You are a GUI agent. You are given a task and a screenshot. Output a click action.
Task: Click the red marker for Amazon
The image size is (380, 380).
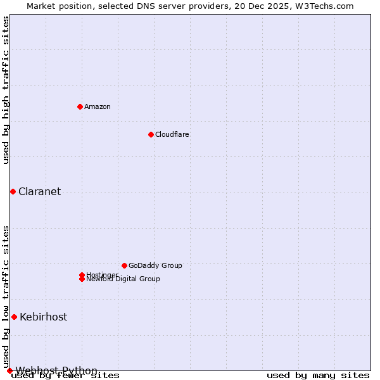(x=80, y=106)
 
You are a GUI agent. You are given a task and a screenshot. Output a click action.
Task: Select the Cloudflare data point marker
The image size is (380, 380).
(x=151, y=134)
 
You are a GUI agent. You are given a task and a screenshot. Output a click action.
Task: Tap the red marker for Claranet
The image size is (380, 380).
(x=13, y=191)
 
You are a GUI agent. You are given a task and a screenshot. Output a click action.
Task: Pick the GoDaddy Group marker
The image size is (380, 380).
(x=124, y=265)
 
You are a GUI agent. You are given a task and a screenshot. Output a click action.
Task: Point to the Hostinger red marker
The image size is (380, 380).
(x=82, y=275)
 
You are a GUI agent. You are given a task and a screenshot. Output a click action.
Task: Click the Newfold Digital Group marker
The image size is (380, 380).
(x=82, y=279)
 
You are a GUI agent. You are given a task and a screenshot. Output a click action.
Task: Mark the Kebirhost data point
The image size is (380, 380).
(x=14, y=317)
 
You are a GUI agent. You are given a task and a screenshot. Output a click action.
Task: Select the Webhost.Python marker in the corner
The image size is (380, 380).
(x=9, y=370)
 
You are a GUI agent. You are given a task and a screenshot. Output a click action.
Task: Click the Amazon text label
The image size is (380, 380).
(x=98, y=106)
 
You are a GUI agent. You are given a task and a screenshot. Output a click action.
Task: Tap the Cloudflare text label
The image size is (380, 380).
(x=172, y=134)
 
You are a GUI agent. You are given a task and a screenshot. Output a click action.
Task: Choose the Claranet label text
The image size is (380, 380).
(x=39, y=191)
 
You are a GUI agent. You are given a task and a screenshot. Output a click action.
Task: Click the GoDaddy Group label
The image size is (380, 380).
(x=155, y=265)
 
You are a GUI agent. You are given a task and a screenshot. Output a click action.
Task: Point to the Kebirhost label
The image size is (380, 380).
(x=43, y=317)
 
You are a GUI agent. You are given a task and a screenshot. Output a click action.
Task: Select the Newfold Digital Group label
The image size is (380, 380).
(x=123, y=279)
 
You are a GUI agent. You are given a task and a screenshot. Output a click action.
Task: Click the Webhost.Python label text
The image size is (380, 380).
(x=56, y=370)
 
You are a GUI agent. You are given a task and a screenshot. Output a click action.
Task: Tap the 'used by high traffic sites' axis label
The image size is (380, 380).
(x=6, y=90)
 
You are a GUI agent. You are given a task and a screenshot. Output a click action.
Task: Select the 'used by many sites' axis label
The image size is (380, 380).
(x=318, y=376)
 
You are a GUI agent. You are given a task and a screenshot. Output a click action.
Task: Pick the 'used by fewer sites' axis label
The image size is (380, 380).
(x=65, y=376)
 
